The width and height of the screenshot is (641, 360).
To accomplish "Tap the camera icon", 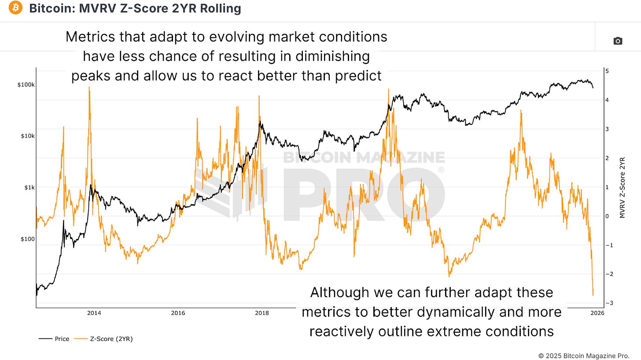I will [618, 41].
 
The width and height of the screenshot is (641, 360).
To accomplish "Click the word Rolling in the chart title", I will [220, 8].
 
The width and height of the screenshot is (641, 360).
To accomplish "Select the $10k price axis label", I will [27, 136].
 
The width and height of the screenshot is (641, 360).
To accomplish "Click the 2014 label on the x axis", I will [94, 313].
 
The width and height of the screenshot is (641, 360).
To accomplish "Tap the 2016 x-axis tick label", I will [178, 313].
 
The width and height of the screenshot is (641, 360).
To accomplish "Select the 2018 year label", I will [262, 313].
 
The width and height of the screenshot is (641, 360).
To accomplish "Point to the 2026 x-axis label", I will [597, 313].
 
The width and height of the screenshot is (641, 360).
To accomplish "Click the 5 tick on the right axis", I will [607, 71].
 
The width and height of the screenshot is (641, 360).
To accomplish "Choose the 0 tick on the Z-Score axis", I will [607, 216].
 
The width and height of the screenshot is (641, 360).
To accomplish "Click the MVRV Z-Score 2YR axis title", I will [622, 187].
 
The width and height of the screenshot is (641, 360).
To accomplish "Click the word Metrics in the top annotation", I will [89, 37].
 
